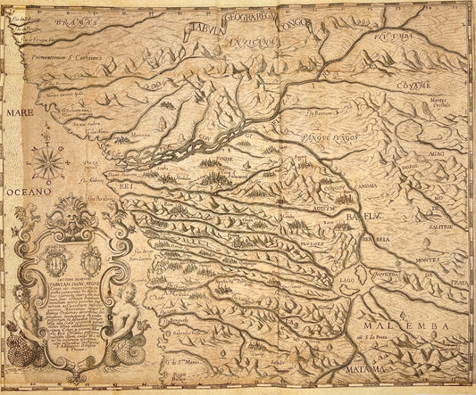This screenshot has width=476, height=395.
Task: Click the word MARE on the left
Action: click(16, 115)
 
